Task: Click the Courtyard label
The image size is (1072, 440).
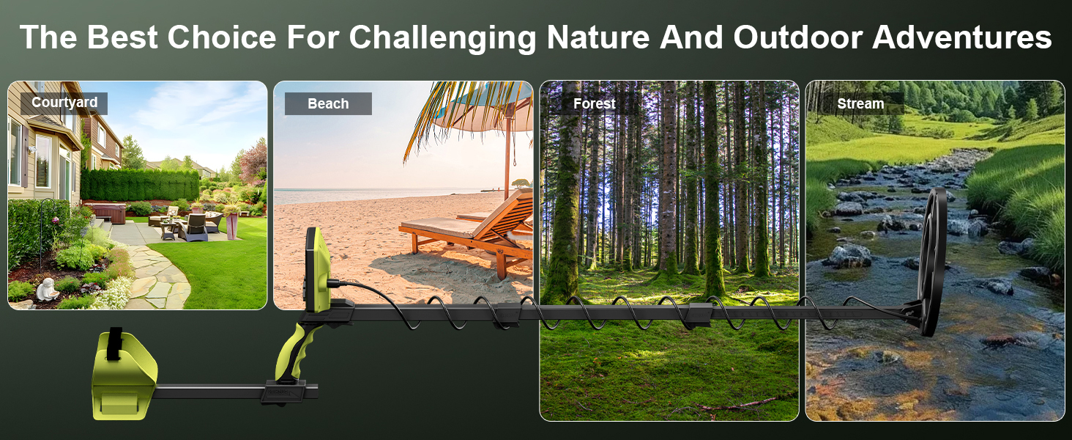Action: (x=64, y=103)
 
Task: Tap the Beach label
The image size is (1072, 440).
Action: (x=328, y=103)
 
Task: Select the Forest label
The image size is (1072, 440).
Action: (x=595, y=103)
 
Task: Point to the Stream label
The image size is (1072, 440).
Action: (x=860, y=103)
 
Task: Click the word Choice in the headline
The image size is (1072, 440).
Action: (x=222, y=37)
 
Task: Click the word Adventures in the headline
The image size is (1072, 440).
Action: (x=962, y=37)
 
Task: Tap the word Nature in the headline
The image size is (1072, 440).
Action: (x=598, y=37)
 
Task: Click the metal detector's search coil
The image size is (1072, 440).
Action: (x=933, y=261)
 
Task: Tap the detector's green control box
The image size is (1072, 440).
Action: (x=318, y=271)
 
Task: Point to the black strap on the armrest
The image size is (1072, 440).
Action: (x=114, y=344)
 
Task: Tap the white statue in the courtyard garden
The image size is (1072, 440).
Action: (x=48, y=289)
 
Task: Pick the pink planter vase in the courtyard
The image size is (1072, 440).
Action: (x=232, y=226)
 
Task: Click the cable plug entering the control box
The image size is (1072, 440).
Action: (x=335, y=284)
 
